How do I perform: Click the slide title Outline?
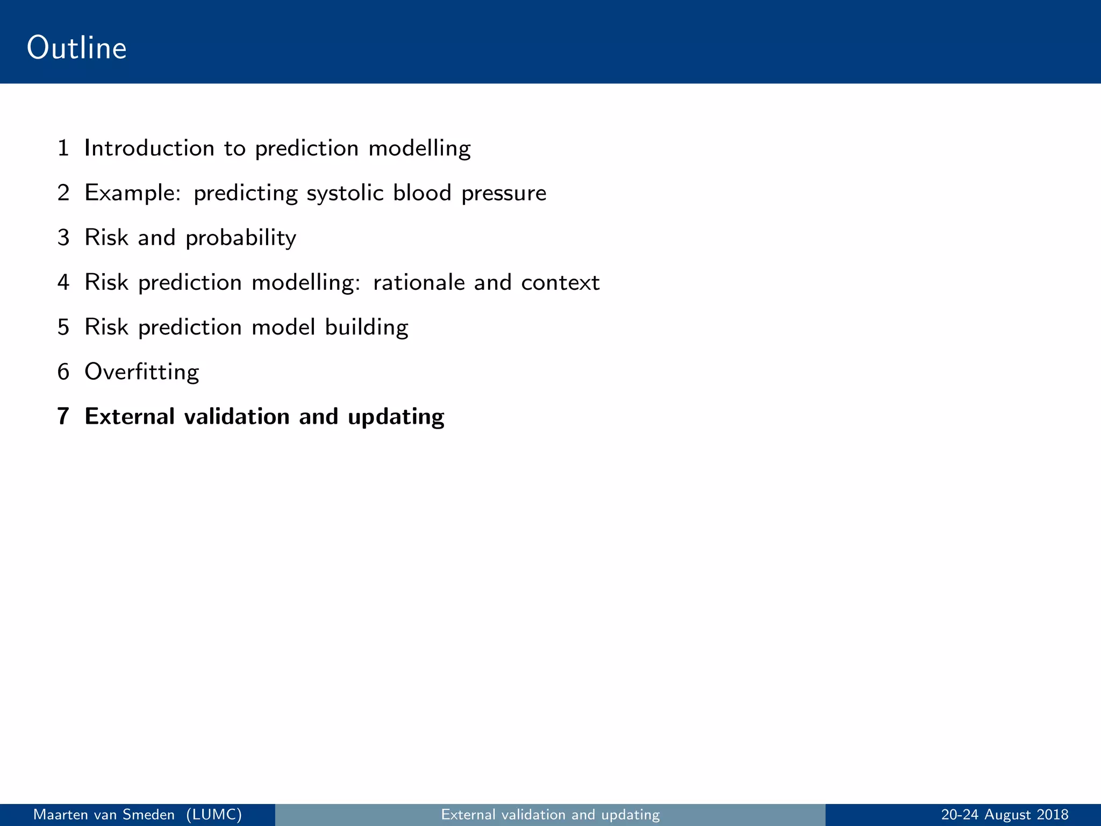pyautogui.click(x=77, y=48)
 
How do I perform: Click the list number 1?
pyautogui.click(x=63, y=148)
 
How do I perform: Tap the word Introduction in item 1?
pyautogui.click(x=149, y=148)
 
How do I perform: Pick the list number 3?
pyautogui.click(x=63, y=238)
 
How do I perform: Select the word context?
pyautogui.click(x=560, y=283)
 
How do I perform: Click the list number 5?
pyautogui.click(x=63, y=327)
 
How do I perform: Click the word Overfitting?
pyautogui.click(x=142, y=372)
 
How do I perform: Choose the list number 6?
pyautogui.click(x=63, y=372)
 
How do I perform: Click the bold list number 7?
pyautogui.click(x=63, y=417)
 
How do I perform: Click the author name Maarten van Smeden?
pyautogui.click(x=104, y=815)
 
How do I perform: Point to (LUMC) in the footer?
pyautogui.click(x=214, y=815)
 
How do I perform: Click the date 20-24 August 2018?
pyautogui.click(x=1005, y=815)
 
